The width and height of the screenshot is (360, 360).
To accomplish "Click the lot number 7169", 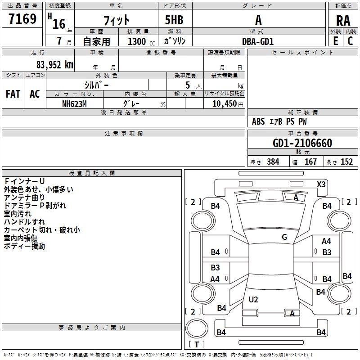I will click(x=22, y=20).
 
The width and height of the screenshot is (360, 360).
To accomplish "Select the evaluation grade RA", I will click(x=343, y=20).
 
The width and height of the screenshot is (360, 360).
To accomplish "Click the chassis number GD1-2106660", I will click(x=302, y=143).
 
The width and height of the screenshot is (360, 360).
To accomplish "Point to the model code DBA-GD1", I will click(x=258, y=41).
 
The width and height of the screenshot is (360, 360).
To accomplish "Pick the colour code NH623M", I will click(x=75, y=103).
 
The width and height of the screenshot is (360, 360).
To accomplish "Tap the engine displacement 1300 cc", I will click(x=139, y=41).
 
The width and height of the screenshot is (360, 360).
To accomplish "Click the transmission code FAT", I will click(x=13, y=94).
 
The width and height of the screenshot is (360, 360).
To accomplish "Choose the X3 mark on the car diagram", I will click(x=321, y=184).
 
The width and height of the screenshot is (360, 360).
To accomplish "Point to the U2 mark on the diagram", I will click(x=253, y=300).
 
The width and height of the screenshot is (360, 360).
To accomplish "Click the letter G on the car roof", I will click(x=284, y=237).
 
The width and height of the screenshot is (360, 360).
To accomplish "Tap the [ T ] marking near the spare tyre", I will click(x=196, y=345).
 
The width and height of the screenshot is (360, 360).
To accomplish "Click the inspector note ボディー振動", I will click(x=24, y=247).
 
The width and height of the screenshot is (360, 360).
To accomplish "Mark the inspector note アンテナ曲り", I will click(x=24, y=198).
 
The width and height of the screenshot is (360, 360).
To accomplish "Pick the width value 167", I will click(x=311, y=162).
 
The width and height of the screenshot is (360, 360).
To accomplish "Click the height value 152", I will click(x=346, y=162).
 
